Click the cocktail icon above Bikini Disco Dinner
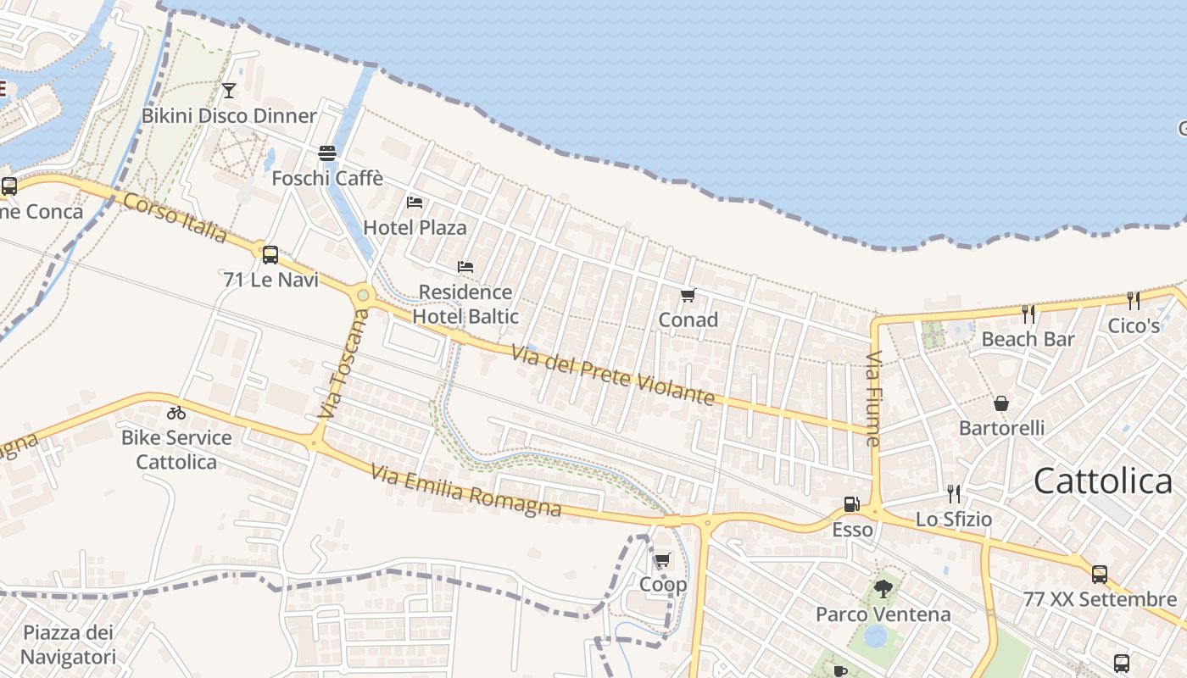(228, 90)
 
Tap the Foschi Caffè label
(327, 179)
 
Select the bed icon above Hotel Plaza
(415, 202)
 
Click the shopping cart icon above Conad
(688, 296)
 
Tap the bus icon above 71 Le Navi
(270, 254)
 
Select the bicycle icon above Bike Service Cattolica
(176, 413)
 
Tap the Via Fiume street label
(874, 398)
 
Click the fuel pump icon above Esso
(851, 505)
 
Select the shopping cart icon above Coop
(662, 560)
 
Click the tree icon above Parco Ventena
(883, 589)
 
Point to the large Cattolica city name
(1103, 481)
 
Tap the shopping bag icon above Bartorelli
(1001, 403)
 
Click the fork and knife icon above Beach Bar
(1028, 314)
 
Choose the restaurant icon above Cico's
(1134, 300)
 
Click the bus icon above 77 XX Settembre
(1100, 575)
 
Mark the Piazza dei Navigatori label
(68, 644)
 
